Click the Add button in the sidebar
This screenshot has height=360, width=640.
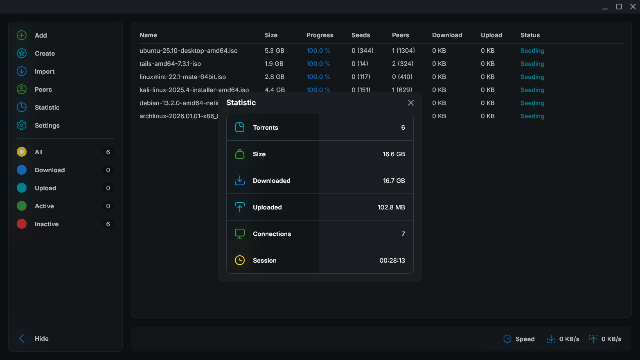click(41, 36)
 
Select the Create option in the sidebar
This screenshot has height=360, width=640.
click(45, 54)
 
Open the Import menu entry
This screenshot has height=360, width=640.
click(44, 72)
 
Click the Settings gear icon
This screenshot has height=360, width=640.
click(22, 126)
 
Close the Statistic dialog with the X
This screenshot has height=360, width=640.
click(411, 103)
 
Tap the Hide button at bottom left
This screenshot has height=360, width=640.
click(41, 339)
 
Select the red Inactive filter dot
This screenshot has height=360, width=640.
click(22, 224)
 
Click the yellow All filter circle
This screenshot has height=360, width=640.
click(22, 152)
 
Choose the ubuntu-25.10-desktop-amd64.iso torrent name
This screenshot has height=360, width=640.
click(188, 51)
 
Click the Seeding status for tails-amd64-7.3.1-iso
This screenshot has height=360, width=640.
click(532, 64)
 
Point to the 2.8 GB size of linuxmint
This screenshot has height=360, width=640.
click(274, 77)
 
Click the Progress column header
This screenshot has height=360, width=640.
click(320, 35)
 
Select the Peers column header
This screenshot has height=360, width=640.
click(400, 35)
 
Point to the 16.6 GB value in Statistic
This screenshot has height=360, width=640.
click(394, 154)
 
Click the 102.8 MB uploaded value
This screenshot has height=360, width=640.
click(391, 207)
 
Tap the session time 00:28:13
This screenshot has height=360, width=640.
click(392, 261)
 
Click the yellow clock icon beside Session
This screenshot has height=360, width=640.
click(240, 260)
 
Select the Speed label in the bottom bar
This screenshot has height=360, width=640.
click(525, 339)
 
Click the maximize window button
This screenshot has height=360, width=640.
click(619, 7)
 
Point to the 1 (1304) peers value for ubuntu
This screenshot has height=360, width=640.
click(403, 51)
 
